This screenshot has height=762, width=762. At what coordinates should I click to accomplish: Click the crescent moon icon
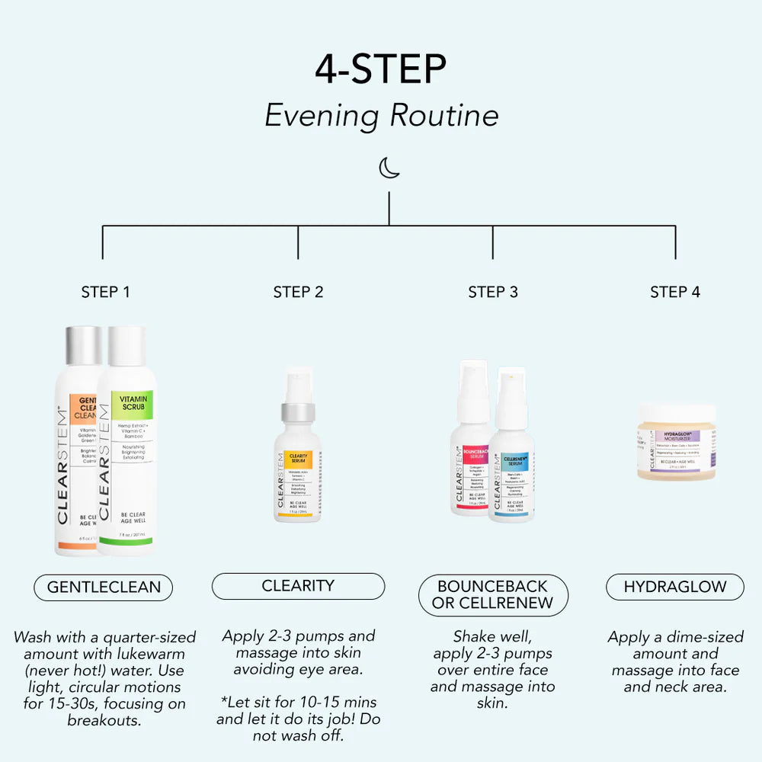click(x=389, y=168)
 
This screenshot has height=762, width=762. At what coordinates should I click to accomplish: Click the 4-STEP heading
click(x=381, y=70)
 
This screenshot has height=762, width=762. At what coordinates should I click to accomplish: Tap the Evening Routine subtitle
click(x=381, y=116)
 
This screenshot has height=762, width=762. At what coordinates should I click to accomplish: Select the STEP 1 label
click(x=105, y=292)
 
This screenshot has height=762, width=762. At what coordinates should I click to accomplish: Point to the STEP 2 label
click(x=298, y=292)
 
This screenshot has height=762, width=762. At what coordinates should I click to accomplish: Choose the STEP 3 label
click(x=493, y=292)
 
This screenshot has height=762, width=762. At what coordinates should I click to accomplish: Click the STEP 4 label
click(x=675, y=292)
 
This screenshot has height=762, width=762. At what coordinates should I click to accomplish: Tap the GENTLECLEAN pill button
click(x=104, y=588)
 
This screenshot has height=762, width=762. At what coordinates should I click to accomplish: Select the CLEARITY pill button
click(x=298, y=586)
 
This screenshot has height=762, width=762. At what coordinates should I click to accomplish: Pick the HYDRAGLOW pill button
click(x=675, y=587)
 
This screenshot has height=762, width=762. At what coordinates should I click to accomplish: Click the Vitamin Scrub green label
click(x=133, y=404)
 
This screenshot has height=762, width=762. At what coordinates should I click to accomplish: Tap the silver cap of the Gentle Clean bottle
click(x=82, y=346)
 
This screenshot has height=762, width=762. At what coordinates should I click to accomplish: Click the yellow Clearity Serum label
click(x=299, y=459)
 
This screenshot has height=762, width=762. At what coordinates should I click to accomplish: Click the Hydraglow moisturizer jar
click(x=677, y=443)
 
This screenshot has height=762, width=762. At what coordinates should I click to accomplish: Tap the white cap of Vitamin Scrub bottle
click(x=126, y=346)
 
